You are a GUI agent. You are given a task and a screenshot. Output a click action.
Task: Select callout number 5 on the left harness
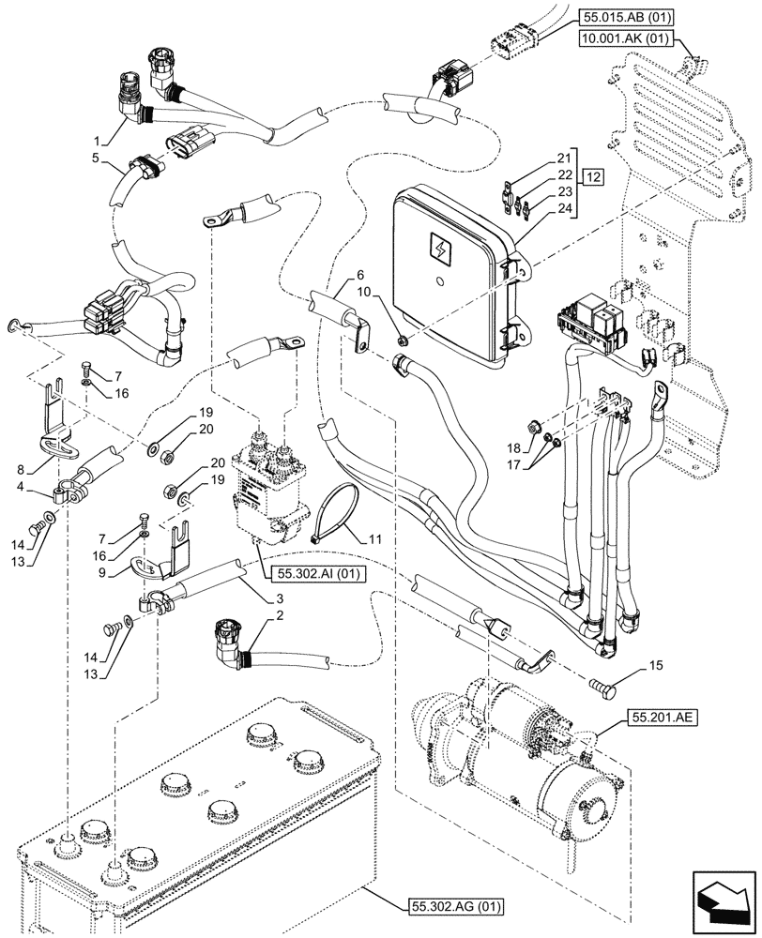(97, 160)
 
